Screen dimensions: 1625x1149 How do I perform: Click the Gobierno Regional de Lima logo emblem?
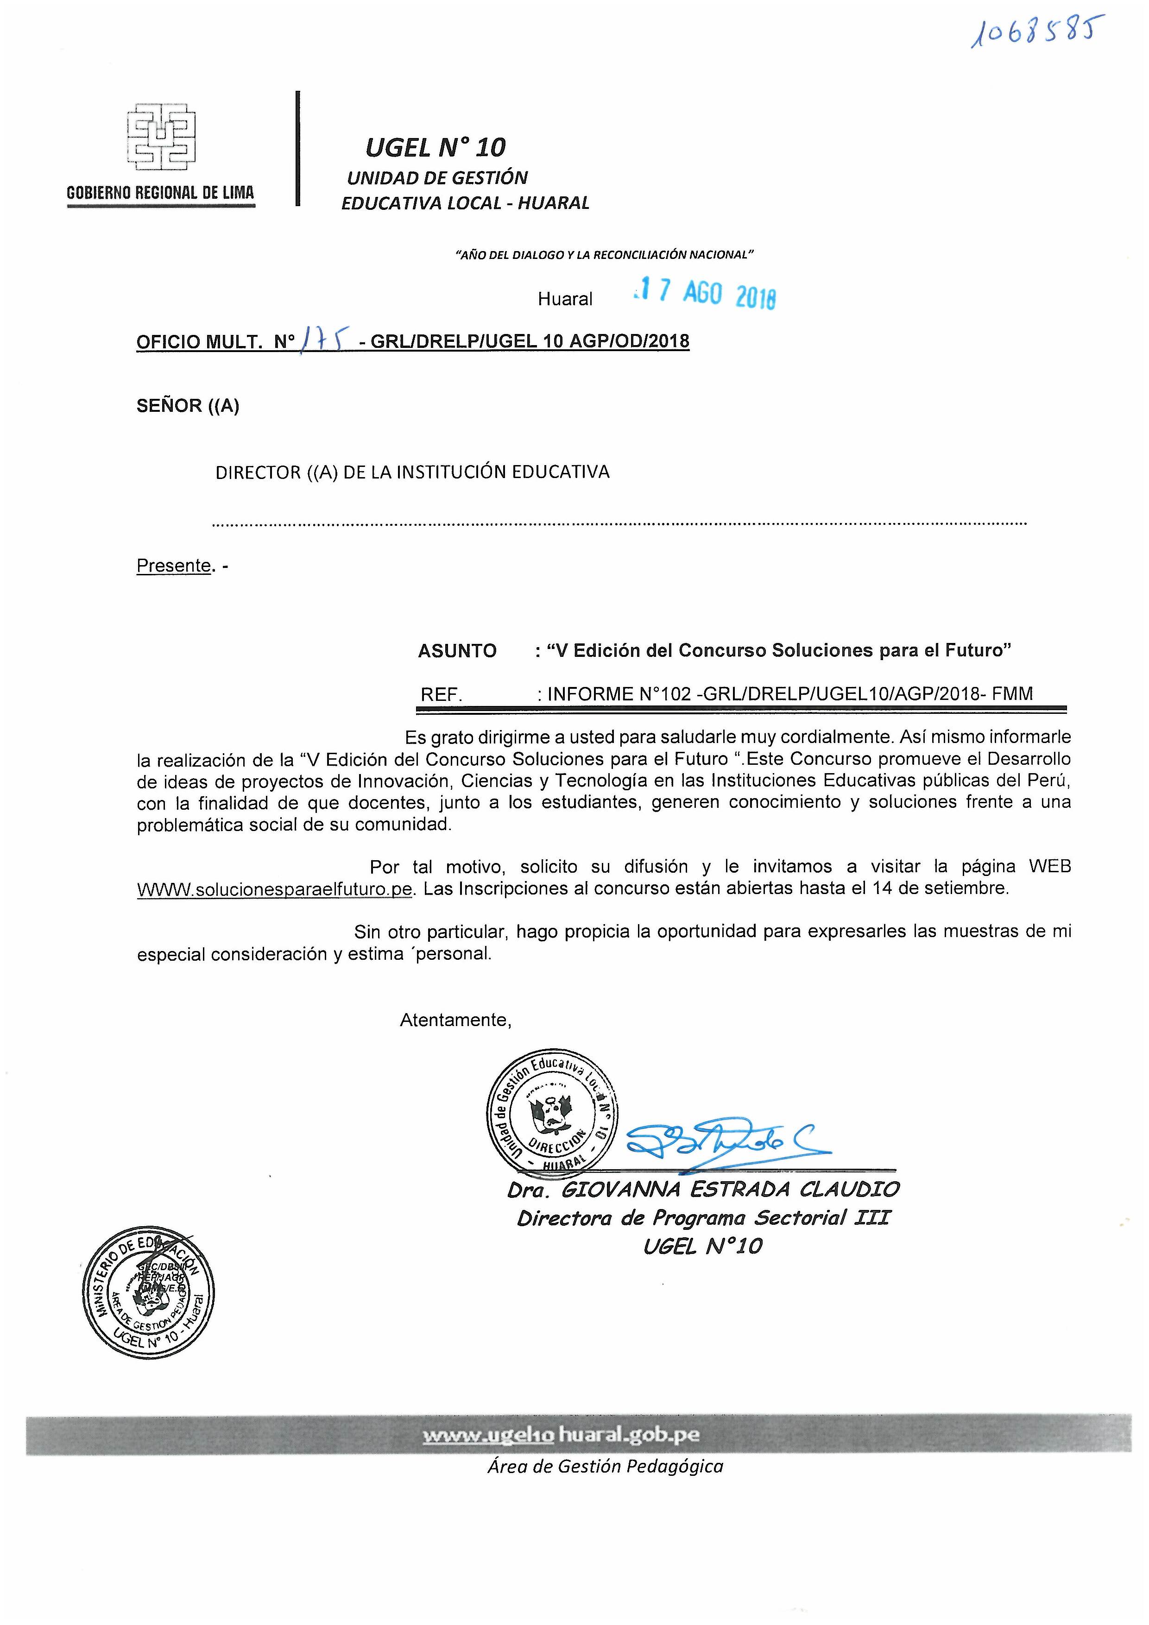[161, 137]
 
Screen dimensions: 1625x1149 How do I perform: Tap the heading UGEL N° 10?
[436, 147]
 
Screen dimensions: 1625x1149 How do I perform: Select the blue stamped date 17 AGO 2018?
[705, 293]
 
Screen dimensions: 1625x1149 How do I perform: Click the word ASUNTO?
[457, 650]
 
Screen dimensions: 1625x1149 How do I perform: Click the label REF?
[441, 694]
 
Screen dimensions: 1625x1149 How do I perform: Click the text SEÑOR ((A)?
[188, 405]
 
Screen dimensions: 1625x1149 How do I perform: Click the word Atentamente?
[455, 1020]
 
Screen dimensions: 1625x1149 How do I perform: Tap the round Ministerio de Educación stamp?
[149, 1292]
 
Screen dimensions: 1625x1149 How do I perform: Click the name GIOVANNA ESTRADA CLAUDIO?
[730, 1189]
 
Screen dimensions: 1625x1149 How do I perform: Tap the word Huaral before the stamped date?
[565, 299]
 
